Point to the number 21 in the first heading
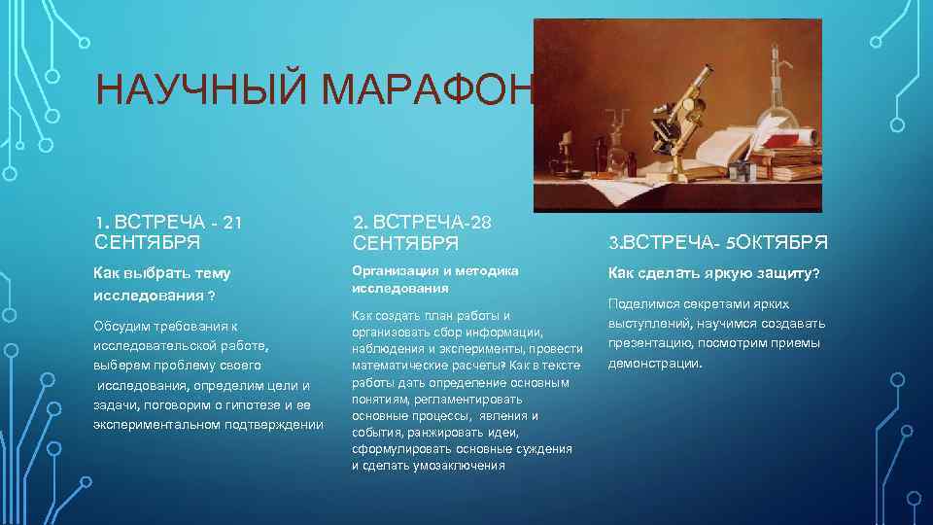(231, 223)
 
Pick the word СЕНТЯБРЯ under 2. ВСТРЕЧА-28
(399, 241)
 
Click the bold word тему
(211, 273)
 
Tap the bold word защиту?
(784, 273)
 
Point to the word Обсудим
(119, 325)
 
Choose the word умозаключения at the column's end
(462, 466)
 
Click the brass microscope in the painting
(685, 117)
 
